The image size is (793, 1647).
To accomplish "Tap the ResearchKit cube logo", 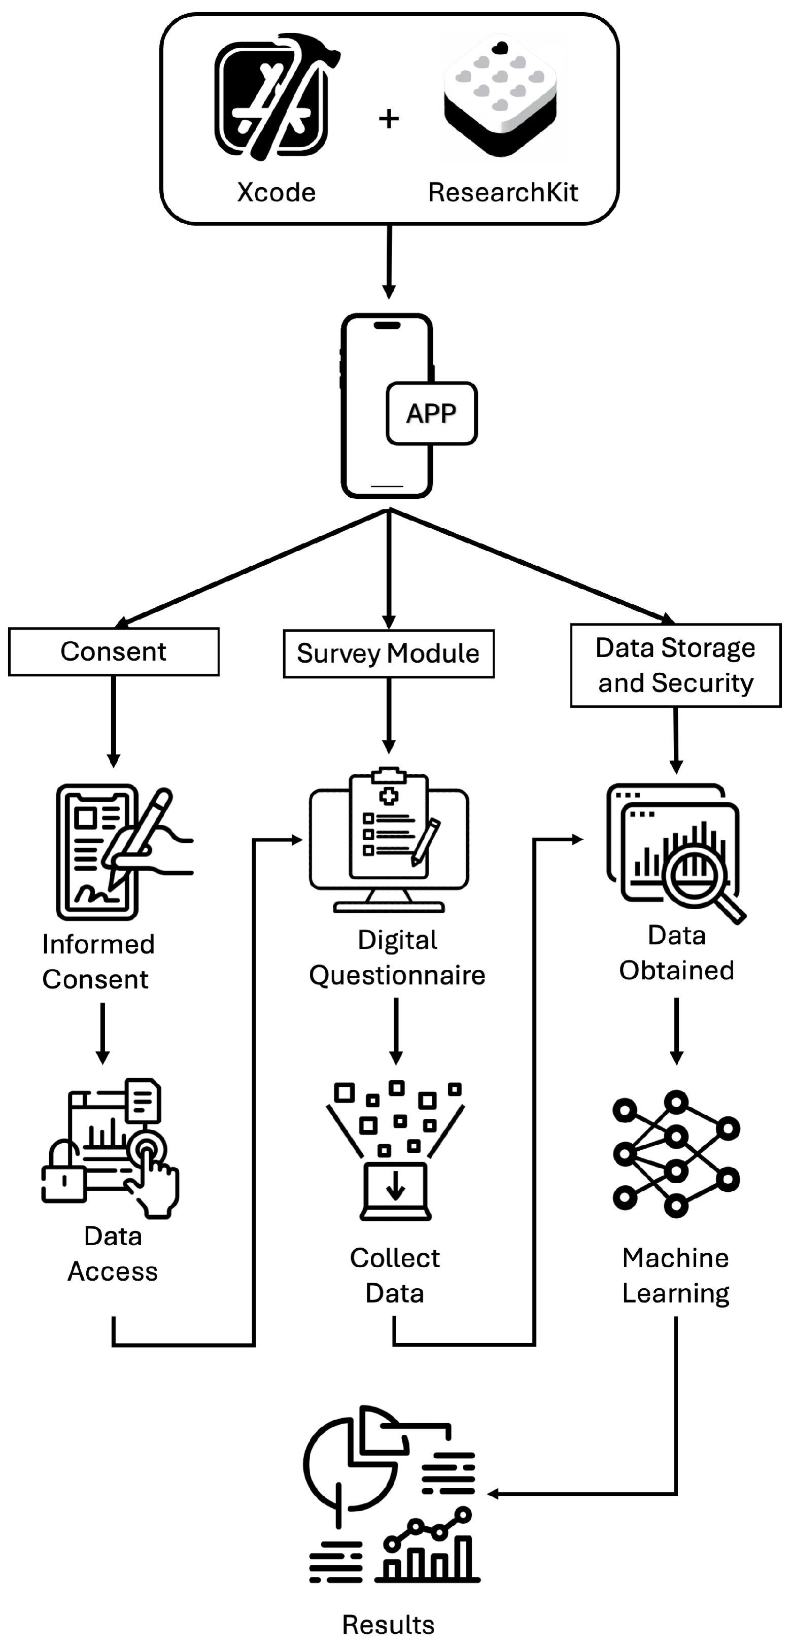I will [x=500, y=96].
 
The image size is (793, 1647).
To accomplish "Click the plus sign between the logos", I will [x=389, y=118].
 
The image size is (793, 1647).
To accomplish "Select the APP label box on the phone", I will [x=432, y=413].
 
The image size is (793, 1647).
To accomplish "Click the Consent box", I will [x=114, y=651].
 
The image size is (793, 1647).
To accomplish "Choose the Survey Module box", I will [x=388, y=654].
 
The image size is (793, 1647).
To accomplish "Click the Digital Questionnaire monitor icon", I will [x=389, y=841].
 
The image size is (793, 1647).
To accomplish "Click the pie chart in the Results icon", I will [x=349, y=1464].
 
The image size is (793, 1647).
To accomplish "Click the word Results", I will [x=388, y=1624].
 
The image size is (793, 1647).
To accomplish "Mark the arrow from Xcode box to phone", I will [x=388, y=262].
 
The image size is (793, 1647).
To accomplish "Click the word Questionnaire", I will [x=397, y=976].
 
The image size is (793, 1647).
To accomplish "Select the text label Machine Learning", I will [x=675, y=1275].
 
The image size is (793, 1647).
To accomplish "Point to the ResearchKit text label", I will [x=503, y=192].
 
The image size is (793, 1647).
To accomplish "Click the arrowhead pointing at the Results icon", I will [x=493, y=1494].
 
